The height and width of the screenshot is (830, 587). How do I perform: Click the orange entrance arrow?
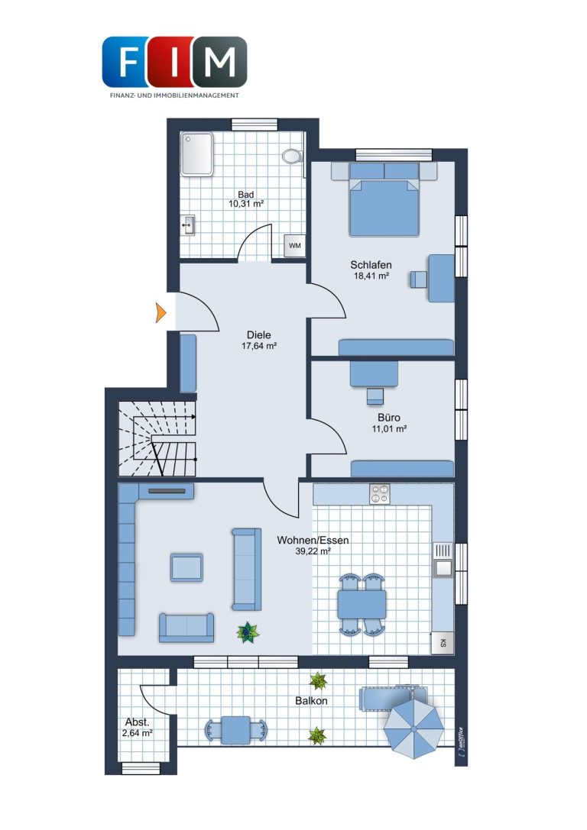coord(161,313)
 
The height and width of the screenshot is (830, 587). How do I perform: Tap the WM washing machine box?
coord(294,246)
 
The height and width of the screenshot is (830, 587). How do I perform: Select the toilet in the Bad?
coord(292,157)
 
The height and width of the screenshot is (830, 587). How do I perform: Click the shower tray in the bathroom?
coord(197,154)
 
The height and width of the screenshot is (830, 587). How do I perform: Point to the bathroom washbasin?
coord(187,225)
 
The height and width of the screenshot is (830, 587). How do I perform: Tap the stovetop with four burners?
coord(379,494)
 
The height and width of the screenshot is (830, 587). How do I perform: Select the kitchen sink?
coord(443,560)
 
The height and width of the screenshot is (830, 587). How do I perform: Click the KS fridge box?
coord(443,643)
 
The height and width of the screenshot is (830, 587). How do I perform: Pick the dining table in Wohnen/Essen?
coord(362,605)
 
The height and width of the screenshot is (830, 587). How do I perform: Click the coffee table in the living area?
coord(186,567)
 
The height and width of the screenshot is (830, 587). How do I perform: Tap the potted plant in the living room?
coord(248,632)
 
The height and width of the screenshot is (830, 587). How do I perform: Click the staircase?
coord(157,439)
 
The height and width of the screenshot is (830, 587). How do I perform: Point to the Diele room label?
coord(258,335)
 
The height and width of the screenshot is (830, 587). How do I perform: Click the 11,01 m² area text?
coord(389,429)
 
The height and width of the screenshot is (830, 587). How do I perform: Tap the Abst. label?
coord(138,722)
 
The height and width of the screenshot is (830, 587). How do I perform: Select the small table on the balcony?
coord(235,730)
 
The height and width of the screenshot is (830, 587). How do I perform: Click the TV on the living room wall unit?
coord(167,491)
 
